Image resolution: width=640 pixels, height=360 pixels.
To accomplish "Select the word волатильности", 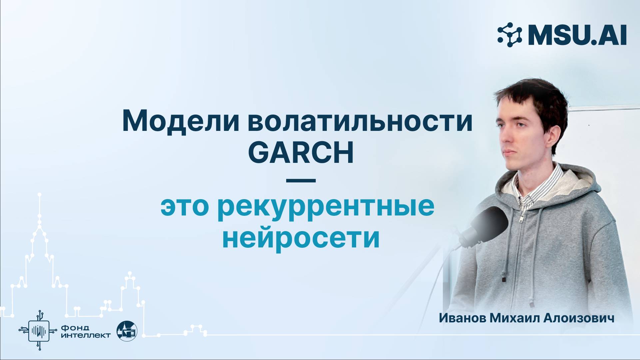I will pos(360,121).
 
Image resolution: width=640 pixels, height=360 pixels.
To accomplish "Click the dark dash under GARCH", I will pos(301,181).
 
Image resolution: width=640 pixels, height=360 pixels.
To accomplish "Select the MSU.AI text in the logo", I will pos(577,35).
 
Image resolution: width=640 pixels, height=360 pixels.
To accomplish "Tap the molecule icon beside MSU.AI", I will pos(509,35).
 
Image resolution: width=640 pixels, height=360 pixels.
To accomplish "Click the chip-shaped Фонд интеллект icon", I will pos(39,330).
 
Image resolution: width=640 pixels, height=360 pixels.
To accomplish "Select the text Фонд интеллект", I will pos(86,331).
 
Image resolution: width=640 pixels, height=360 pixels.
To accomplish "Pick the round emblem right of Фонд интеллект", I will pos(127,331).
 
